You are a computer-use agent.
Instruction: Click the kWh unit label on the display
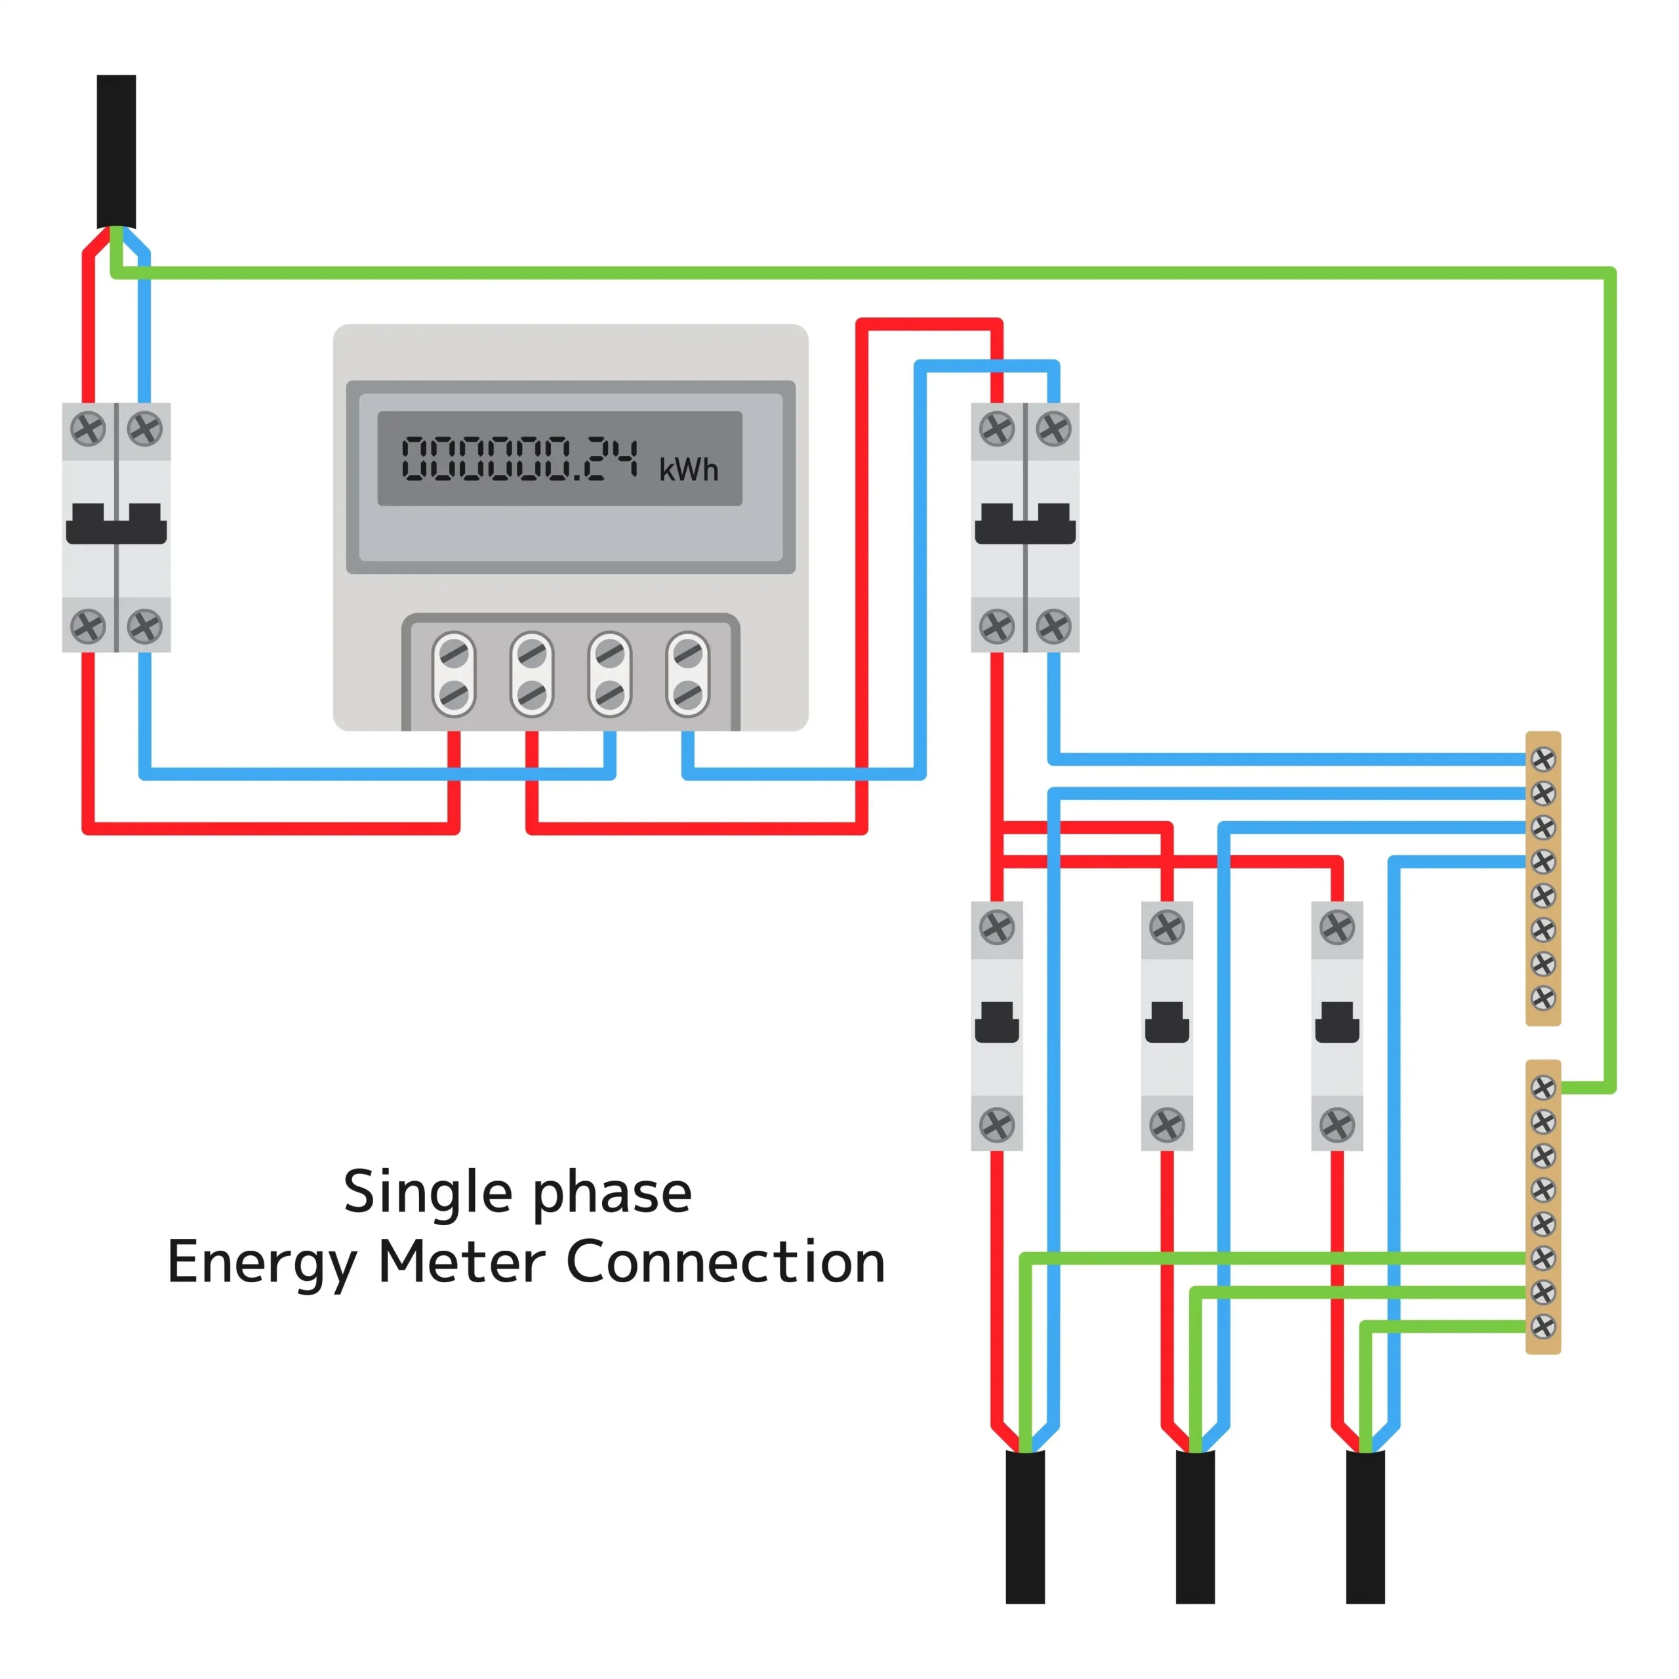688,470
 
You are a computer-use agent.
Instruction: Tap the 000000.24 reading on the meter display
519,459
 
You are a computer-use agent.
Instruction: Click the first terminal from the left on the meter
454,674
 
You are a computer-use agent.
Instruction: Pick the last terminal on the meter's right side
687,674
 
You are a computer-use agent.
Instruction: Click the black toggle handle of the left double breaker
117,524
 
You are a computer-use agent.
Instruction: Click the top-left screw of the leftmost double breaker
88,428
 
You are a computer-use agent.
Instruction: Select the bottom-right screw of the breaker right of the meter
1053,626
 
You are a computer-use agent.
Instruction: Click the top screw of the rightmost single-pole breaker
1337,927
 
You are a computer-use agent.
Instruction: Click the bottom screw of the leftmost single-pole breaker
997,1125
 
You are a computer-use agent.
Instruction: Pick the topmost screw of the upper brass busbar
1543,759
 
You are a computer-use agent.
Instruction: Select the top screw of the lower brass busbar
1543,1087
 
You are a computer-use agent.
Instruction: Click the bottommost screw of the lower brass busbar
1543,1326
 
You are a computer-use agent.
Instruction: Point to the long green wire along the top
869,273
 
